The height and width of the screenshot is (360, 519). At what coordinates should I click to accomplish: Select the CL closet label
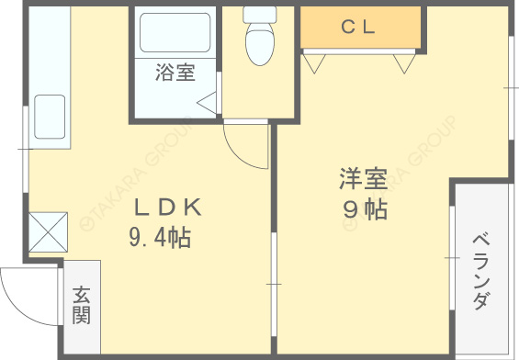coord(359,27)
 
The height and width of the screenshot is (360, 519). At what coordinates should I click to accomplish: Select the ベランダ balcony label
coord(481,271)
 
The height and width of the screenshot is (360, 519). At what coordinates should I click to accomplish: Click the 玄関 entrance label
coord(82,306)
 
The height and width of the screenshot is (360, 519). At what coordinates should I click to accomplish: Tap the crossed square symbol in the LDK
coord(48,231)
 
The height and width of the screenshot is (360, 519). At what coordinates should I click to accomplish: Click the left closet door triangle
coord(316,62)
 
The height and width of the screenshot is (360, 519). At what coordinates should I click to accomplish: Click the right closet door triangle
coord(405,62)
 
